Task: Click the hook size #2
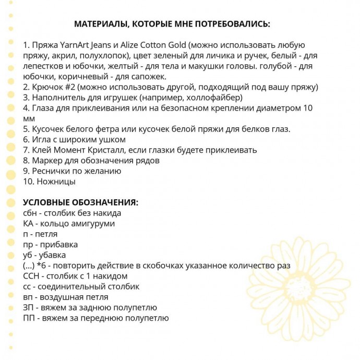coord(71,87)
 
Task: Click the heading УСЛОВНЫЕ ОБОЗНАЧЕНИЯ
coord(81,202)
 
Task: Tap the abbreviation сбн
coord(31,213)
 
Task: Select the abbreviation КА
coord(29,223)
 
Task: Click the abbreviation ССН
coord(32,276)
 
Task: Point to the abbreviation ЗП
coord(29,307)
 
